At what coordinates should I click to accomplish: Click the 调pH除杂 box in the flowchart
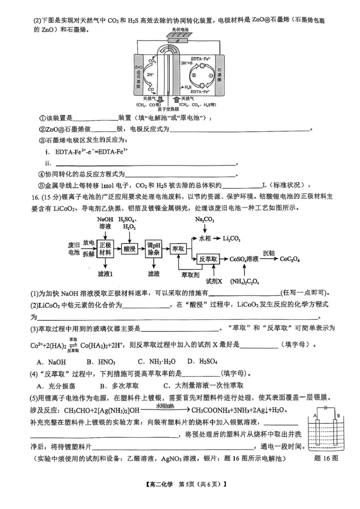pos(153,249)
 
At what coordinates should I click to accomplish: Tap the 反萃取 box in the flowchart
pos(208,259)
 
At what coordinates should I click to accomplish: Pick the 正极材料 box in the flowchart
pos(104,249)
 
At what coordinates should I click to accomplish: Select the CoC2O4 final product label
pos(290,259)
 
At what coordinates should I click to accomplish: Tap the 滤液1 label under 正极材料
pos(104,273)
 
